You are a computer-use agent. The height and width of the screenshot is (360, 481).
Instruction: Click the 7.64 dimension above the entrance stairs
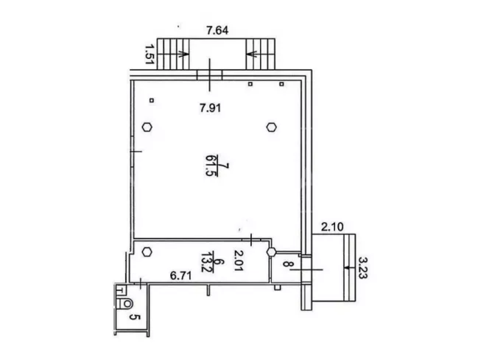(217, 31)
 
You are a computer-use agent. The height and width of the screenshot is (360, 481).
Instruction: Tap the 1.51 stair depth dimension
(149, 54)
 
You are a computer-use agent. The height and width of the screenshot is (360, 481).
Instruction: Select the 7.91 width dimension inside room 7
(210, 108)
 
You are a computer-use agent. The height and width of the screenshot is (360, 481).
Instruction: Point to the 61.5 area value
(211, 166)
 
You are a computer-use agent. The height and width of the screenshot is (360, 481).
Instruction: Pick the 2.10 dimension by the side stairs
(332, 227)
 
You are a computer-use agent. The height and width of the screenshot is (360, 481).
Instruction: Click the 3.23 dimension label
(363, 268)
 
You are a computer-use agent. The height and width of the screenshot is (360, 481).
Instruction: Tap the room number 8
(287, 264)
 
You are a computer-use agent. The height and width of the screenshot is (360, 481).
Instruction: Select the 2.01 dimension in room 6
(239, 261)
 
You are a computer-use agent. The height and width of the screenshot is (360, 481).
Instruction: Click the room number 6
(220, 262)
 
